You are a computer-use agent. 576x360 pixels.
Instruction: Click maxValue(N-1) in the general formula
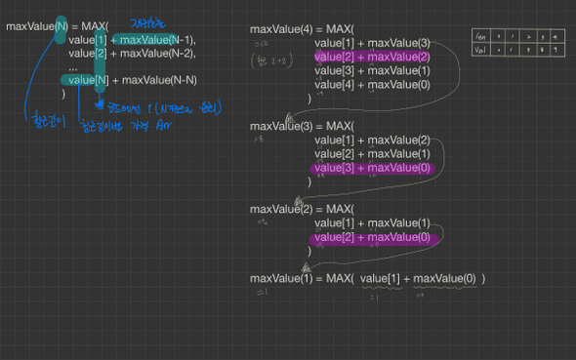point(158,39)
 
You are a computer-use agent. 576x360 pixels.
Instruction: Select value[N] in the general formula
point(83,80)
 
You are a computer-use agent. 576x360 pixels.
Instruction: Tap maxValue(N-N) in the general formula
point(158,80)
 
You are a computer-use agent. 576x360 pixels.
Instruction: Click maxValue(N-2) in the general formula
point(158,53)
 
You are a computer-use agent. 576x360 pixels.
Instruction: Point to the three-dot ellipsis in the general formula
point(73,66)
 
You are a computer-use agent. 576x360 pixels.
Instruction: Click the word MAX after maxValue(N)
point(95,26)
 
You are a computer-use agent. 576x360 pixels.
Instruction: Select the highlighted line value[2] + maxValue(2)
point(372,57)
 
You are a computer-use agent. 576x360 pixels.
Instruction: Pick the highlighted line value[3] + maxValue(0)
point(372,168)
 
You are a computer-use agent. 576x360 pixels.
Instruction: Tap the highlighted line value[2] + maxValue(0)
point(372,237)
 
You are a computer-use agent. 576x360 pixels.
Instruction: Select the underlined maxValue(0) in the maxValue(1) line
point(444,279)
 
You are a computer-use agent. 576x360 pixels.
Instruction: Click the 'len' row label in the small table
point(480,37)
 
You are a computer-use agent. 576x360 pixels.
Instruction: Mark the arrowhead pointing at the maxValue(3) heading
point(290,119)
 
